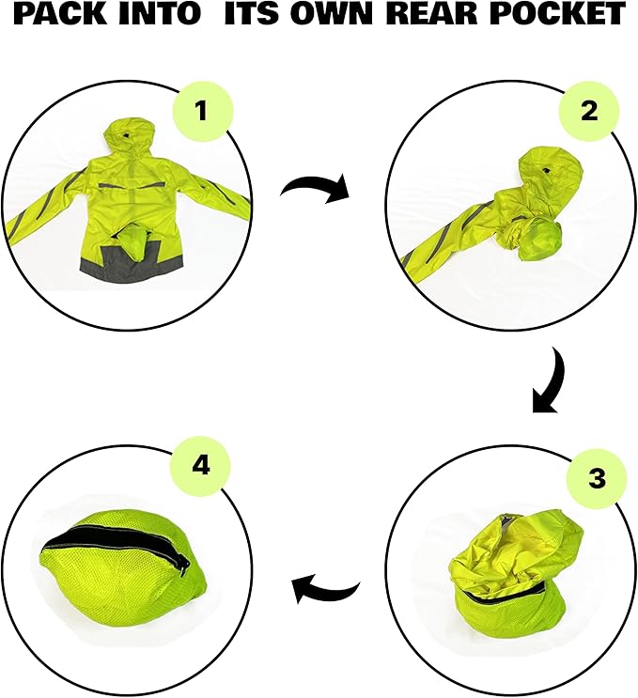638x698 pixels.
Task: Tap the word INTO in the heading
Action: point(162,14)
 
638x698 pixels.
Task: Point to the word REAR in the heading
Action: point(434,14)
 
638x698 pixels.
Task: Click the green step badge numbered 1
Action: point(202,111)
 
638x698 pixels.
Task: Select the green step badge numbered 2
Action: point(589,111)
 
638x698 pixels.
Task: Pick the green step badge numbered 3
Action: point(597,478)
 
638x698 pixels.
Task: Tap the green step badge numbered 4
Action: point(201,467)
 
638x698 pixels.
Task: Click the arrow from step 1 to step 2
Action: point(316,187)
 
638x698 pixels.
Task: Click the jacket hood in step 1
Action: point(129,137)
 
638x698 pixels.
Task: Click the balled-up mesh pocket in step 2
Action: point(539,240)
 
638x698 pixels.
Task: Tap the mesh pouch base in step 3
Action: point(507,615)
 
